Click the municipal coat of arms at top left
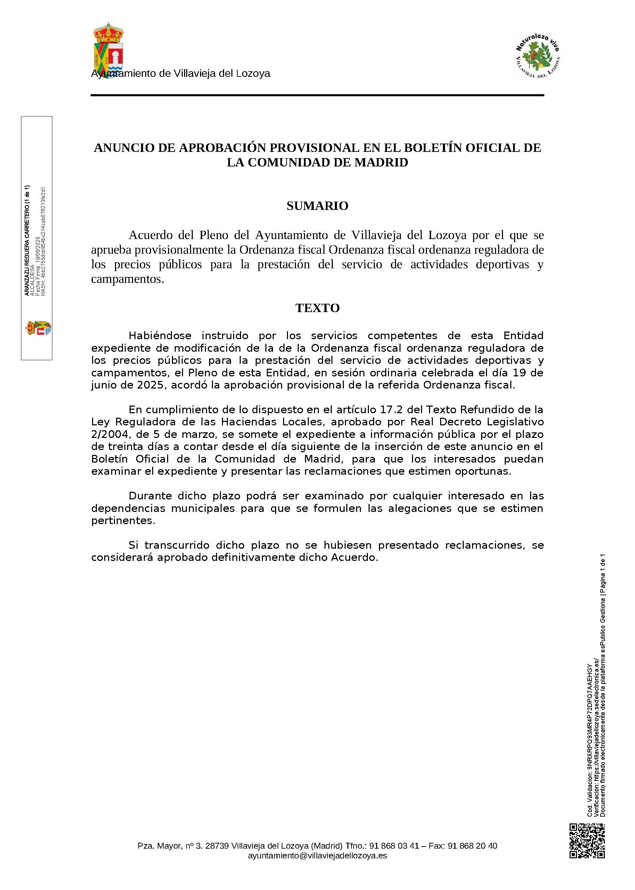[108, 49]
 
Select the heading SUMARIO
[317, 206]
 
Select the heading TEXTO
[317, 308]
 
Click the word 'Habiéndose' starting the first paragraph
[160, 336]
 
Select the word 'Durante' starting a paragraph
[150, 496]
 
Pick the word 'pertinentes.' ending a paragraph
[123, 521]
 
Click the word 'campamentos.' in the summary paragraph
[127, 279]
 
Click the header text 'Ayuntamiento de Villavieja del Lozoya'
[181, 74]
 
